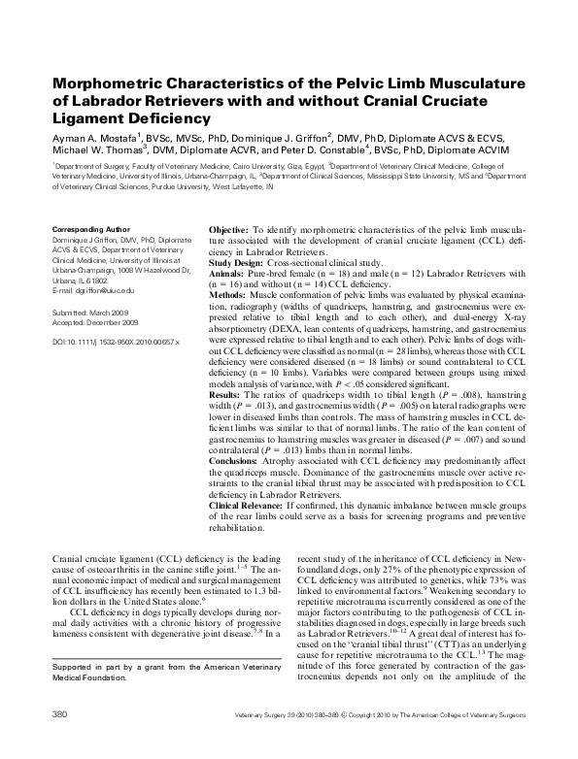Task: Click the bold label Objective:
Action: [231, 229]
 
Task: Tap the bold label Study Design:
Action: [241, 261]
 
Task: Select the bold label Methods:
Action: [230, 293]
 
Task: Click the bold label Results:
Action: [228, 368]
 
